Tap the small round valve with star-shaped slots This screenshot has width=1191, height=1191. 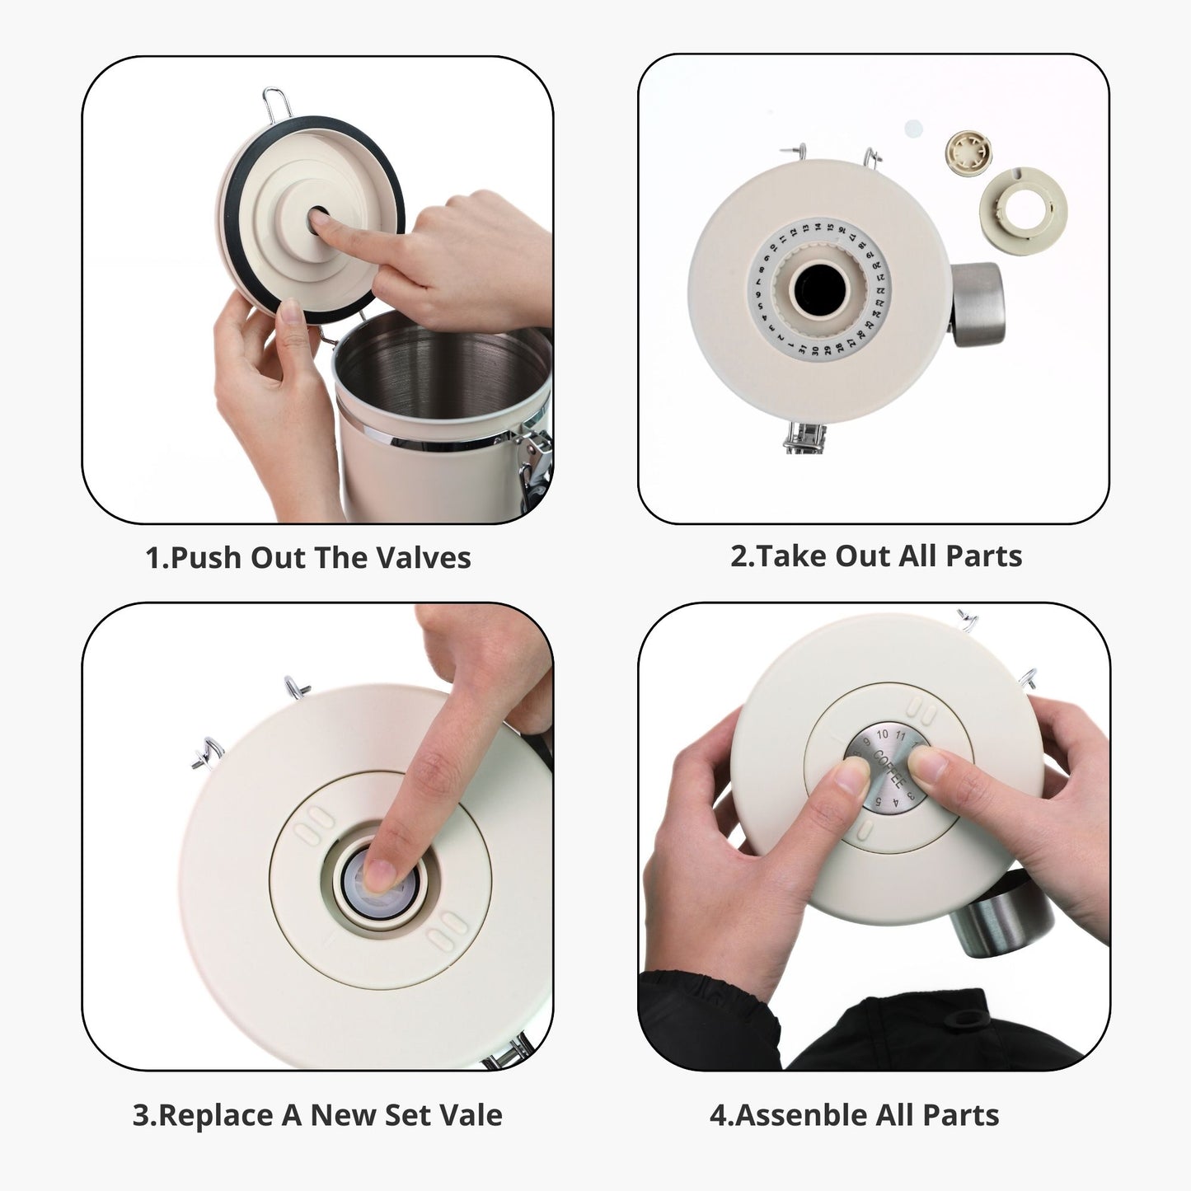(969, 152)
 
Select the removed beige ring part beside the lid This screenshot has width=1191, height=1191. (1023, 211)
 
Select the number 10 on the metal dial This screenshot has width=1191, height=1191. (882, 734)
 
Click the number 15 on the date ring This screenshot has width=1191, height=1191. (830, 227)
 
